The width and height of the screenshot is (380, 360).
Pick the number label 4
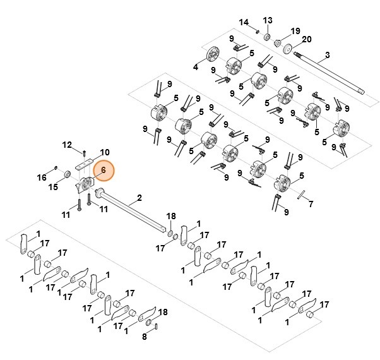195,66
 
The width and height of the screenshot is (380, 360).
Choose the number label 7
310,204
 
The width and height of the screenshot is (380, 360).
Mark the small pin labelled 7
301,193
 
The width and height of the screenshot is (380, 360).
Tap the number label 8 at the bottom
145,337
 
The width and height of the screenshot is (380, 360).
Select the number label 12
68,145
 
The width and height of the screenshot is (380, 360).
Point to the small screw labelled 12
84,151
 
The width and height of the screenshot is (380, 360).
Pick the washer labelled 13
268,38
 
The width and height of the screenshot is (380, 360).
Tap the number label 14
244,23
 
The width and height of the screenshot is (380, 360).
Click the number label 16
42,177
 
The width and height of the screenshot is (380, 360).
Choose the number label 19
295,31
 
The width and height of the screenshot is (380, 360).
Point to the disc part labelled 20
288,49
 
